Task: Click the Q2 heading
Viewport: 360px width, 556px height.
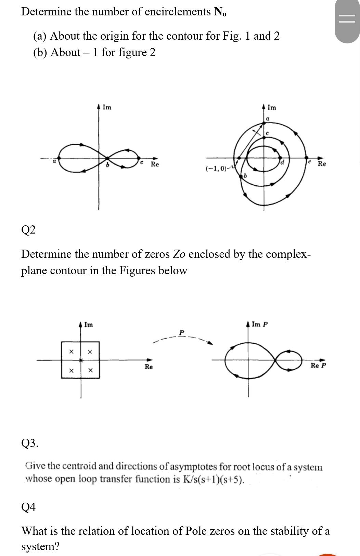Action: (x=28, y=230)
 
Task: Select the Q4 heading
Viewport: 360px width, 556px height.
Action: (x=28, y=507)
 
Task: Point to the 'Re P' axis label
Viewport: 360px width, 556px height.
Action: (x=318, y=366)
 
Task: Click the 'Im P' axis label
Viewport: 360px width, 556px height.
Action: (x=260, y=324)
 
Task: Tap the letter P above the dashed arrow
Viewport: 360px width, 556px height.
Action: (x=182, y=332)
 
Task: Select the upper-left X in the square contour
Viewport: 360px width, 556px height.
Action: (x=71, y=352)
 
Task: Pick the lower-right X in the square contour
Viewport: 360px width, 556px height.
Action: (x=90, y=370)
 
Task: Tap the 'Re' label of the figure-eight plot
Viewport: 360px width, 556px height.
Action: (x=155, y=164)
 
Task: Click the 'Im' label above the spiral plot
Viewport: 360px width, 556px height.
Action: (x=272, y=108)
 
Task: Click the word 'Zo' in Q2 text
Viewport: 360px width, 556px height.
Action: (x=179, y=254)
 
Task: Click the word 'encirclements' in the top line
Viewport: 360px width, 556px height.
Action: (x=178, y=12)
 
